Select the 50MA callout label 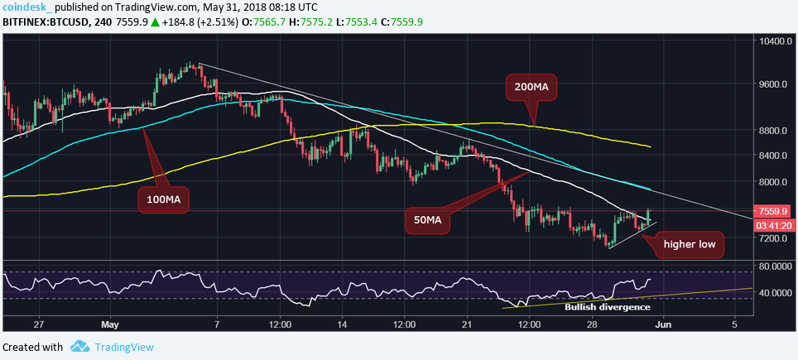432,219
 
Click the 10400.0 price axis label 775,41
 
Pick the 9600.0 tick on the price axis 775,84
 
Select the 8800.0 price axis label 775,130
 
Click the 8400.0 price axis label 775,156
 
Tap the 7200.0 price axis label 775,238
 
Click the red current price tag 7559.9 775,210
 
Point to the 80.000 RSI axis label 775,266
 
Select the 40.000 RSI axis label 775,293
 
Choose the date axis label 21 467,325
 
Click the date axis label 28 593,325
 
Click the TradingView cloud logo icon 79,347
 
